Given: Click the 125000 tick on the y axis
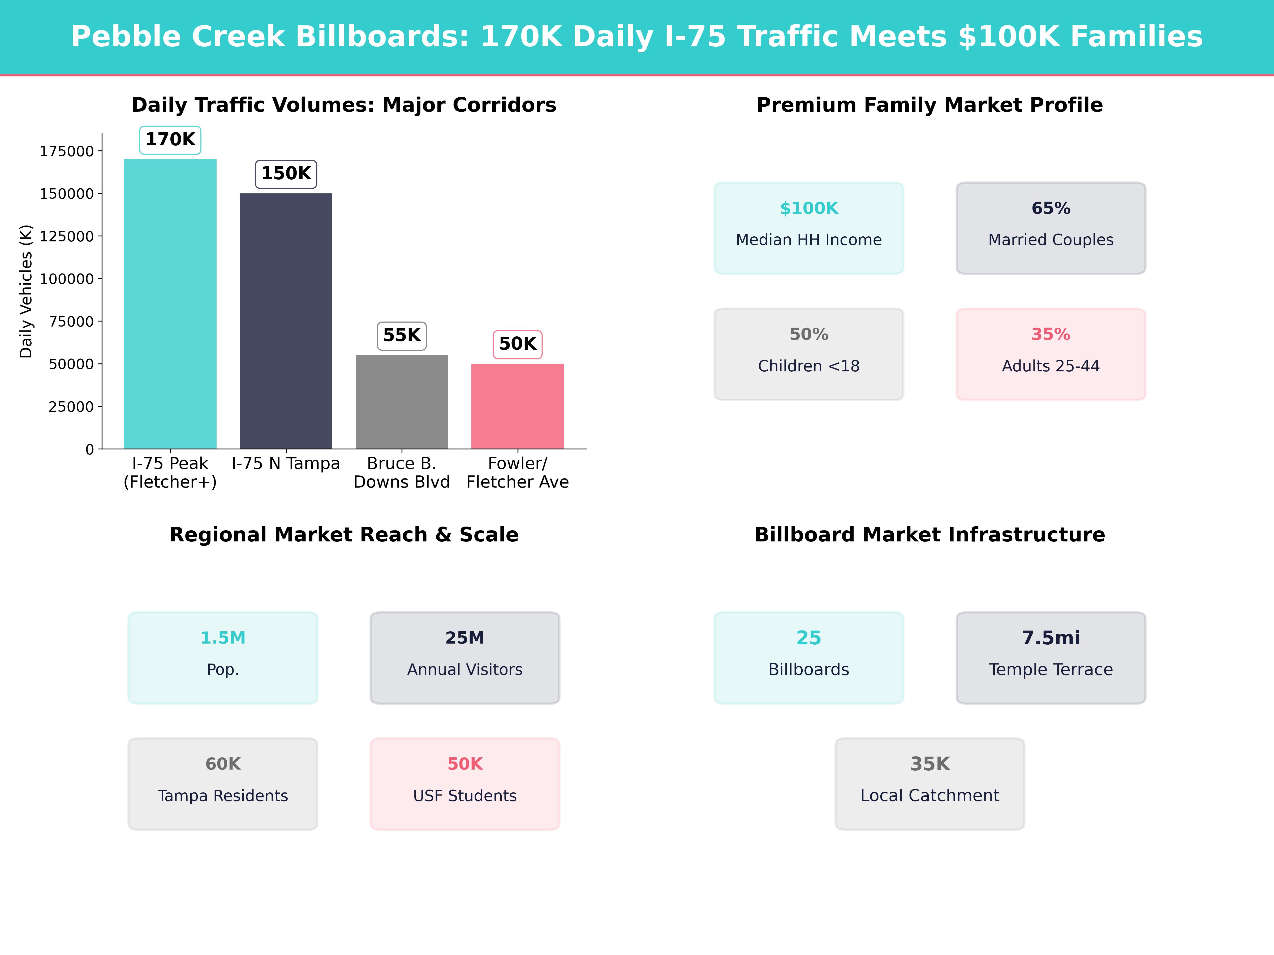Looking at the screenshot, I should pos(66,237).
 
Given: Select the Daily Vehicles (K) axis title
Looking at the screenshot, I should pos(26,291).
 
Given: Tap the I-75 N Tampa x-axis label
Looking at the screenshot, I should pos(286,463).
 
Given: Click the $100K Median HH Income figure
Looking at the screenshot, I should pos(809,209).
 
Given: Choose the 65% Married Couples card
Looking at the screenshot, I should pos(1051,228).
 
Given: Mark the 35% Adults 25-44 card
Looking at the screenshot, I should pos(1051,354).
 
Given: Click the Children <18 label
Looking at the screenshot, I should pos(809,366).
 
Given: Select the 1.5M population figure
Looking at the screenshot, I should pos(223,638).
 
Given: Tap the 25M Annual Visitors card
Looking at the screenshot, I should pos(465,657).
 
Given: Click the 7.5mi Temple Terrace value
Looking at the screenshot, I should pos(1051,638).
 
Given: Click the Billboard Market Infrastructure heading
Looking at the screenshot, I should pos(929,535).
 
